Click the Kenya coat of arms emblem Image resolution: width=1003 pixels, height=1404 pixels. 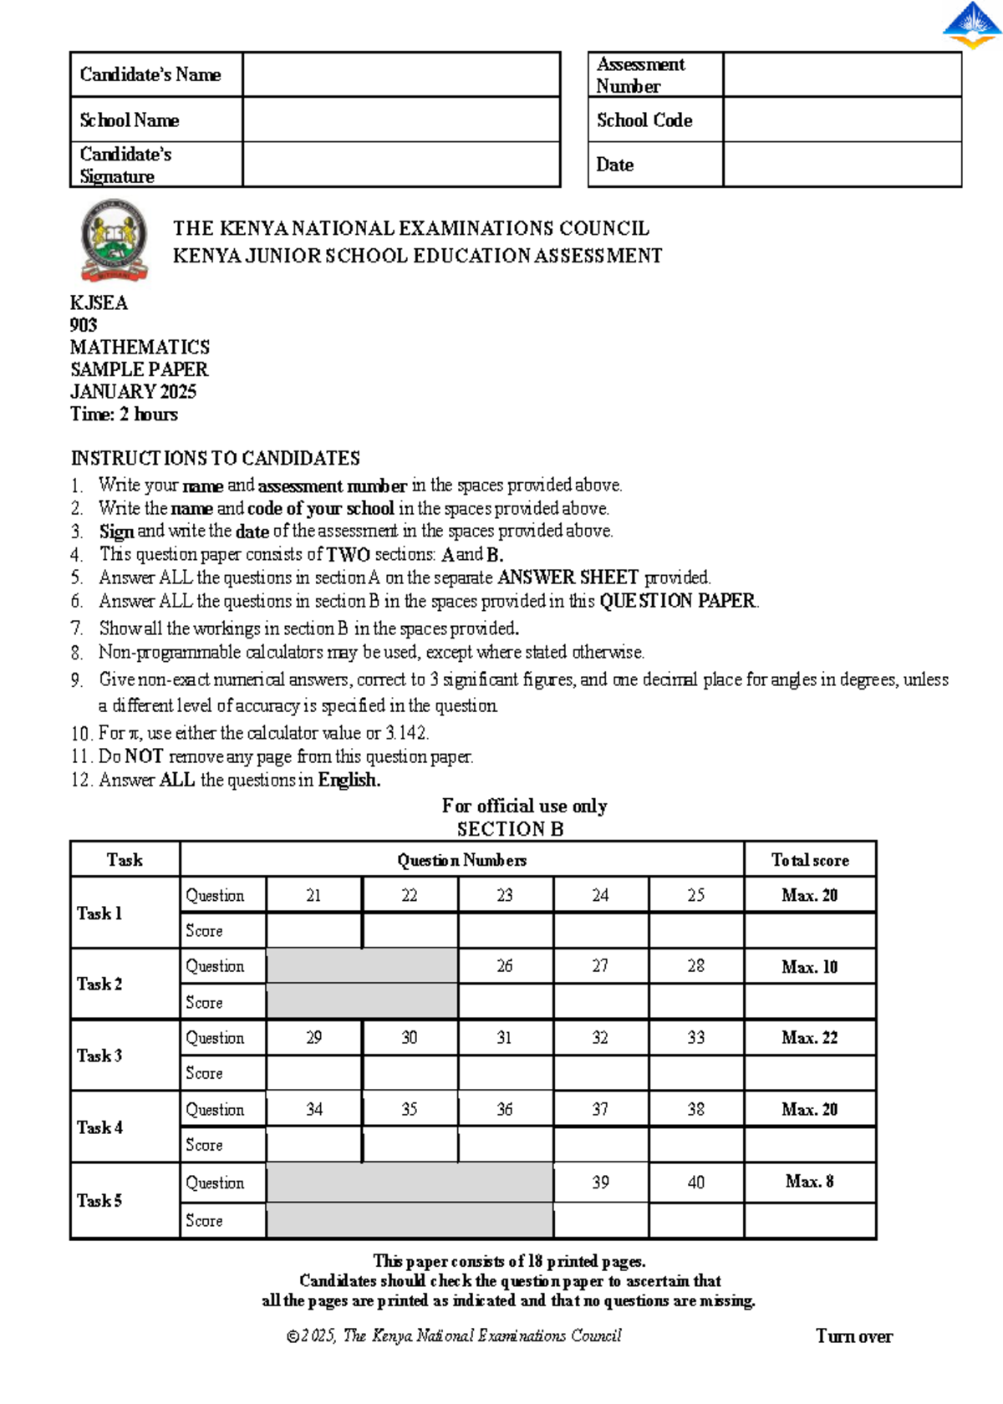click(x=115, y=241)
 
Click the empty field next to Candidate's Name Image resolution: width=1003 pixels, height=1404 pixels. click(x=401, y=74)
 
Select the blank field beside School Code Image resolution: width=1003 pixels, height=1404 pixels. click(x=842, y=120)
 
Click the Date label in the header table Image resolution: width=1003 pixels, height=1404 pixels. click(x=615, y=165)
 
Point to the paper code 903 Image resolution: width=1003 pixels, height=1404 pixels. click(x=84, y=325)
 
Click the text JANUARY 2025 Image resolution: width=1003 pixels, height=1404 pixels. click(x=133, y=392)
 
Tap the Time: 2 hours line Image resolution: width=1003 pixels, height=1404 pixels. click(x=124, y=415)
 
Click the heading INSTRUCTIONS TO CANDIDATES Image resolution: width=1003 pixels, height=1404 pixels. click(x=215, y=458)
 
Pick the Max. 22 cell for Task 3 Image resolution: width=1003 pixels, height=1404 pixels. click(x=809, y=1038)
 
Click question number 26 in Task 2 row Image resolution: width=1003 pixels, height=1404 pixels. click(x=505, y=966)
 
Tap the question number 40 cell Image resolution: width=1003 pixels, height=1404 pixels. click(x=695, y=1183)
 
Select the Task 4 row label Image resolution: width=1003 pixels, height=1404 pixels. click(x=100, y=1127)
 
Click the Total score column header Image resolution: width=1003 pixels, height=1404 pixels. click(x=809, y=860)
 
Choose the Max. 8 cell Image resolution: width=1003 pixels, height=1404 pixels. click(x=809, y=1182)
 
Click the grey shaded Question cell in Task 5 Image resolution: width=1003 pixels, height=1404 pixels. click(x=410, y=1183)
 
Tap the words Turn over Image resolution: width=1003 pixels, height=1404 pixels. click(x=853, y=1336)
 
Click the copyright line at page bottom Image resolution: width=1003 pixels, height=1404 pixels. click(x=454, y=1336)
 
